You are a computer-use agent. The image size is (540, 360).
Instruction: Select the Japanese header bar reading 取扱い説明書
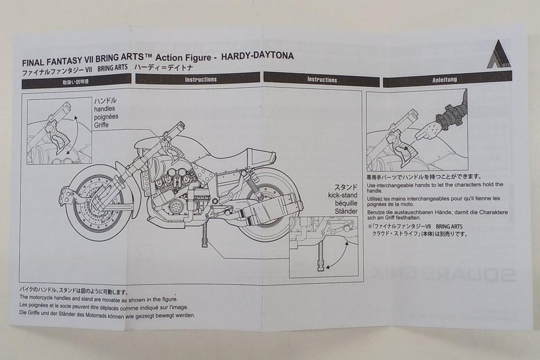tap(76, 81)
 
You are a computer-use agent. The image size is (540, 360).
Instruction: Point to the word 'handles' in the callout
tap(105, 108)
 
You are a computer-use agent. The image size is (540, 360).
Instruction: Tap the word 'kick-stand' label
tap(343, 195)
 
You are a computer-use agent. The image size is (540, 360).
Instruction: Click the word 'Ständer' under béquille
tap(344, 211)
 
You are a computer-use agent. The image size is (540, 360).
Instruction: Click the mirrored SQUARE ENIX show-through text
tap(443, 274)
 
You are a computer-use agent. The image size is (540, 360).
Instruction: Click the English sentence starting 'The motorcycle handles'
tap(98, 298)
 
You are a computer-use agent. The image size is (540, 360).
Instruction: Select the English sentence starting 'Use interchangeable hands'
tap(435, 187)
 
